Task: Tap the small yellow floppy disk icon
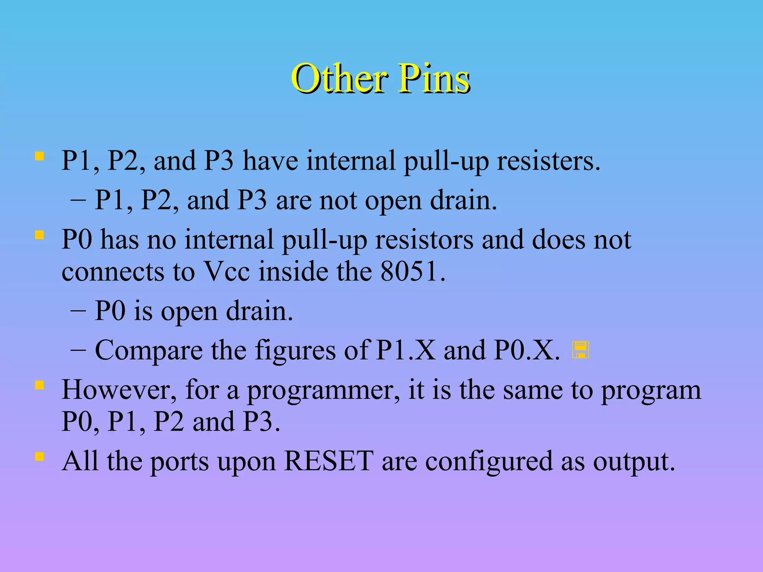(x=580, y=350)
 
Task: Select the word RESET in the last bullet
(x=329, y=461)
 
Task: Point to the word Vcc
(x=227, y=271)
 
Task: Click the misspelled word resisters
(x=548, y=161)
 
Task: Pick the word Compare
(x=149, y=351)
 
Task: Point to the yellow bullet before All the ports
(x=39, y=456)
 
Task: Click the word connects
(x=113, y=272)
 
